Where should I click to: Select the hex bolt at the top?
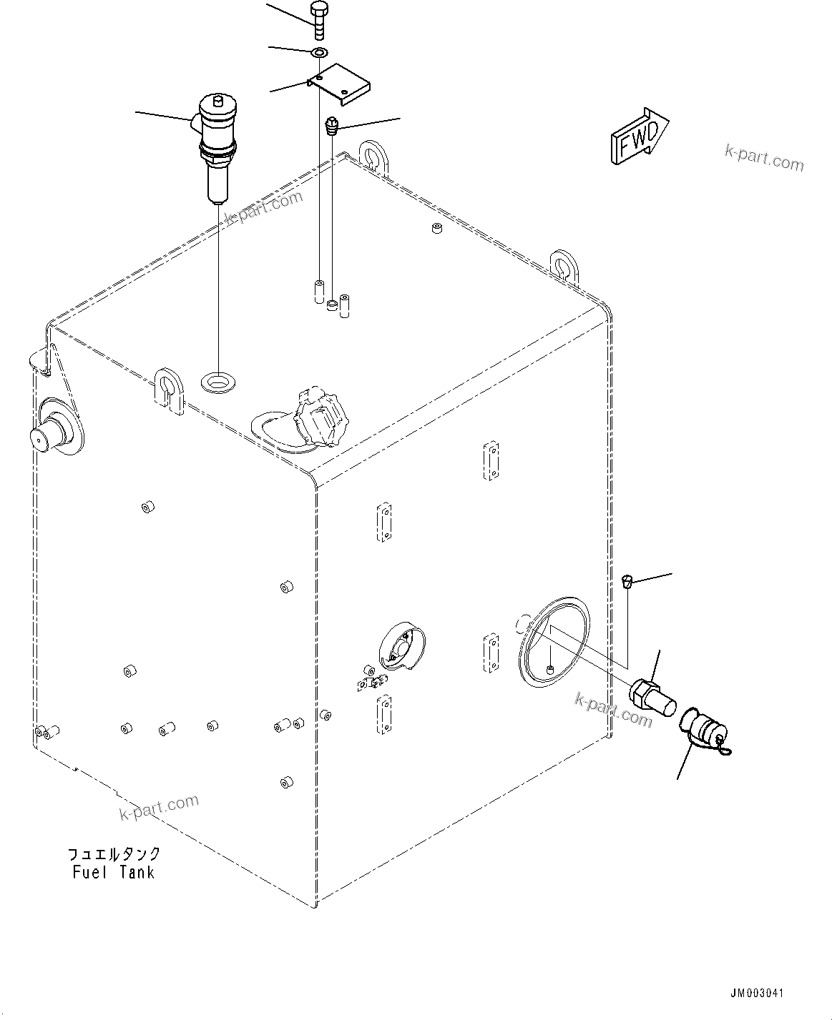318,21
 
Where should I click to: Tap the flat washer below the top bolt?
318,51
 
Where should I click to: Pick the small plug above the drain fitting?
627,580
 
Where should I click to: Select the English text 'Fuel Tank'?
113,872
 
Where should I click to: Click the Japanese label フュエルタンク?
114,854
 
